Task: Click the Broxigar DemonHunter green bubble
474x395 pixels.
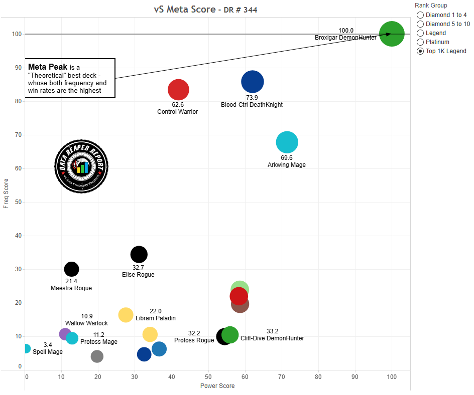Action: tap(392, 34)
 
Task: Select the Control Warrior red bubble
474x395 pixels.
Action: tap(178, 90)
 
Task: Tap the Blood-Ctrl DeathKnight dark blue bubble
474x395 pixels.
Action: tap(252, 82)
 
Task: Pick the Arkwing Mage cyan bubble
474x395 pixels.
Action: tap(287, 142)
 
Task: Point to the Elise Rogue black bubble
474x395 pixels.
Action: tap(139, 254)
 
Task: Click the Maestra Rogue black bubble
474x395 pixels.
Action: tap(71, 269)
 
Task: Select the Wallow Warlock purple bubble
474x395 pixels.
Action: tap(65, 334)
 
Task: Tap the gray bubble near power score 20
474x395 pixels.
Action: tap(97, 356)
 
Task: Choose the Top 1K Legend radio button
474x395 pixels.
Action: tap(420, 51)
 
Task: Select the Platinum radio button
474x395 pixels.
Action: tap(420, 42)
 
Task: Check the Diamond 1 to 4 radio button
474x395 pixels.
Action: tap(420, 15)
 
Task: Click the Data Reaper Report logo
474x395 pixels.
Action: tap(81, 166)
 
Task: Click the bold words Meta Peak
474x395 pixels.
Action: tap(48, 67)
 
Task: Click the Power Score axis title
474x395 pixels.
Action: tap(217, 386)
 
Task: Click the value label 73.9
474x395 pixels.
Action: tap(252, 97)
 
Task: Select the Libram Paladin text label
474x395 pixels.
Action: tap(156, 318)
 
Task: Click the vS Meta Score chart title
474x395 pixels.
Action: tap(206, 10)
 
